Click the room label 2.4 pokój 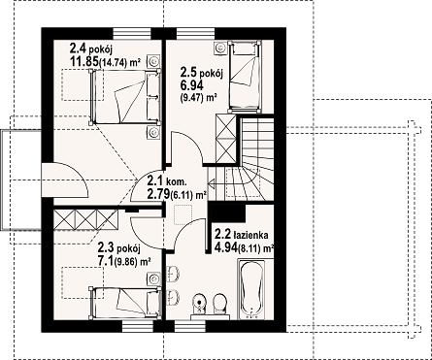tap(90, 49)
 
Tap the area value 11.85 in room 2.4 tap(84, 62)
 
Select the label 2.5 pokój tap(202, 73)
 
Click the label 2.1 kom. tap(167, 180)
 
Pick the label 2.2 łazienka tap(242, 234)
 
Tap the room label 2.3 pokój tap(118, 248)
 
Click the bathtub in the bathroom tap(251, 289)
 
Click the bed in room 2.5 tap(245, 77)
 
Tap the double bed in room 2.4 tap(125, 96)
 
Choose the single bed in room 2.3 tap(125, 303)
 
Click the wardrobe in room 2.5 tap(226, 138)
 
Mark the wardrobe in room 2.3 tap(85, 219)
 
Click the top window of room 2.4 tap(132, 34)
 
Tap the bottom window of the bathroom tap(190, 326)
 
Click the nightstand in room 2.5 tap(220, 48)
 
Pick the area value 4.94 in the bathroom tap(226, 247)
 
